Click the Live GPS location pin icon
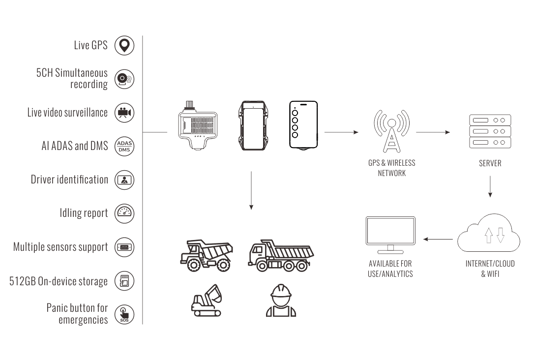click(x=124, y=45)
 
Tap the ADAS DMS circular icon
click(x=124, y=147)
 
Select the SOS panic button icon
click(x=124, y=314)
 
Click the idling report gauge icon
click(x=124, y=213)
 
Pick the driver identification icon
click(x=124, y=180)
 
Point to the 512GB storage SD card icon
click(x=124, y=281)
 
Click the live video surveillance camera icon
click(x=124, y=113)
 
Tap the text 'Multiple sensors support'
click(x=60, y=247)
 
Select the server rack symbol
click(x=490, y=131)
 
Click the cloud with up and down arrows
click(x=489, y=233)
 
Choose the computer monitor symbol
click(x=390, y=235)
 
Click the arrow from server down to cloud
click(x=490, y=187)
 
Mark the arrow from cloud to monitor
click(x=438, y=239)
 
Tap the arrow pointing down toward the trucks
click(x=251, y=190)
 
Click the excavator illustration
click(x=207, y=300)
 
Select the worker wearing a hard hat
click(x=281, y=300)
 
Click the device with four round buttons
click(x=303, y=125)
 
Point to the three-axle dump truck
click(x=281, y=255)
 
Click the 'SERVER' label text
click(x=490, y=163)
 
